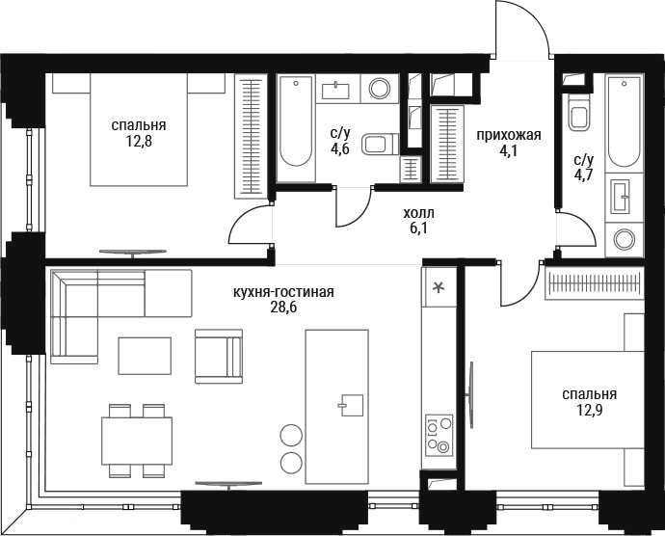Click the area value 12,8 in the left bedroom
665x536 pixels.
click(139, 142)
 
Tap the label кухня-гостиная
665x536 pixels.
click(283, 292)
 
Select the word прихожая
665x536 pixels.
click(509, 135)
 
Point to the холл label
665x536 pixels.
click(418, 213)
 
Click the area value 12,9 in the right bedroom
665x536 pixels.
click(590, 410)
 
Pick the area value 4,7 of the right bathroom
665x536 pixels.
click(584, 174)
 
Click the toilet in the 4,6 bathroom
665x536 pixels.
click(381, 144)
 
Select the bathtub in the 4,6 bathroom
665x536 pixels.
click(296, 128)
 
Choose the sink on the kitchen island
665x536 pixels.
click(352, 405)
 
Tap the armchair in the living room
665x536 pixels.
click(219, 357)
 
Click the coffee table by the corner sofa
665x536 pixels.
click(145, 356)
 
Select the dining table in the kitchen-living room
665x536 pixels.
click(137, 441)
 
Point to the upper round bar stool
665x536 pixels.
click(291, 435)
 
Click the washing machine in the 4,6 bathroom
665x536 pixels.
click(380, 89)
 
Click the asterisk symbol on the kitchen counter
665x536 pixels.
click(438, 287)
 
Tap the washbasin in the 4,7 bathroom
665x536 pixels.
click(620, 196)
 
